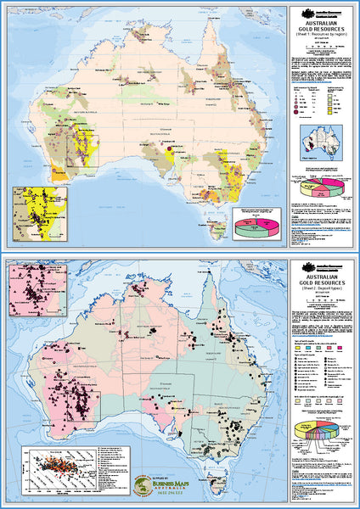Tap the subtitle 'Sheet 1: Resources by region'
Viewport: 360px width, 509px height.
point(321,48)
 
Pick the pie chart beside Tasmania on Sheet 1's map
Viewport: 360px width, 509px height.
point(255,226)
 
